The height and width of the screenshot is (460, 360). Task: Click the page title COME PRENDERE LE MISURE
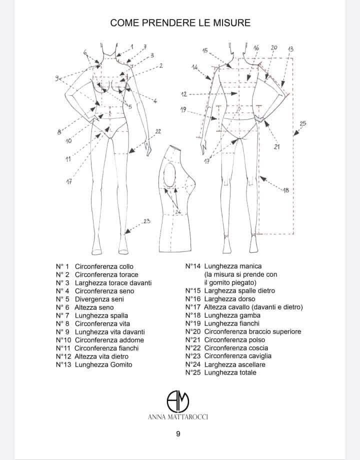tap(180, 22)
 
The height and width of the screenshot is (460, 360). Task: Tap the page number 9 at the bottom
tap(178, 434)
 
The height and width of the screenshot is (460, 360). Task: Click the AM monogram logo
tap(178, 400)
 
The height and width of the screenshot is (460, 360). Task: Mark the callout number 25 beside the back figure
tap(302, 124)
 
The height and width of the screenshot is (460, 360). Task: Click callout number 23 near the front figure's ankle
tap(146, 221)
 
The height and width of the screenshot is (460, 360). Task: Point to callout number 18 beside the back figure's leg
tap(286, 190)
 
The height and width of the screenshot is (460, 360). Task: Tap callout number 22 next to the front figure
tap(158, 131)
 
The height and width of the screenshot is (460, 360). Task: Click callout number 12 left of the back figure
tap(184, 94)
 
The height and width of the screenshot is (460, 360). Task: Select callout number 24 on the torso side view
tap(177, 213)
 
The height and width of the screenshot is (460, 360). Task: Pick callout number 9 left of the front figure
tap(58, 78)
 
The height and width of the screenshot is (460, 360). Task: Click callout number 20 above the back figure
tap(273, 47)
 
